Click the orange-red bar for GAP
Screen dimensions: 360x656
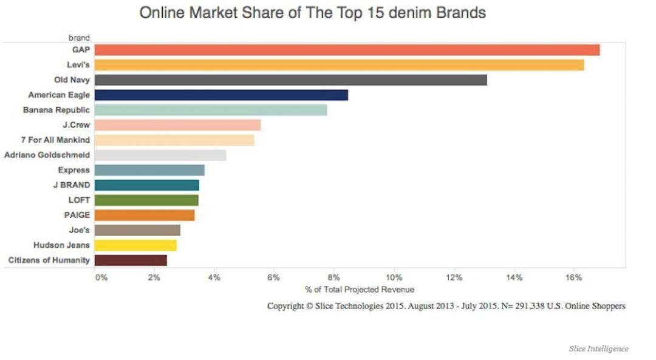click(347, 50)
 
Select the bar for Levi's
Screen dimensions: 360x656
click(339, 65)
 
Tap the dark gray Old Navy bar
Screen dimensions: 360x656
click(290, 80)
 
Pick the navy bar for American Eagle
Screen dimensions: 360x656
click(221, 95)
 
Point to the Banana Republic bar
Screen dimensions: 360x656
click(211, 110)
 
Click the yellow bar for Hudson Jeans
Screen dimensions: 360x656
click(135, 245)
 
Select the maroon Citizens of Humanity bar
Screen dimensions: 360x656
click(131, 260)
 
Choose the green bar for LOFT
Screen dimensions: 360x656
click(146, 200)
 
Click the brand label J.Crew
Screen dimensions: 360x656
click(76, 125)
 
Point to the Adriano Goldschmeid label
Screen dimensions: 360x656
click(47, 155)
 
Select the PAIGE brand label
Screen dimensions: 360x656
click(77, 215)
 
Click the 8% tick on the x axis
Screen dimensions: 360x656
click(334, 277)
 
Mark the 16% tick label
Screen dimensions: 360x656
click(573, 277)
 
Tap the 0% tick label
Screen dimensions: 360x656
click(101, 277)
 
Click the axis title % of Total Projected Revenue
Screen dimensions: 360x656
click(360, 290)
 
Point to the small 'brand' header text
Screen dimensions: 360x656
click(79, 38)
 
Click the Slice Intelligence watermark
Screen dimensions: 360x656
click(598, 348)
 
